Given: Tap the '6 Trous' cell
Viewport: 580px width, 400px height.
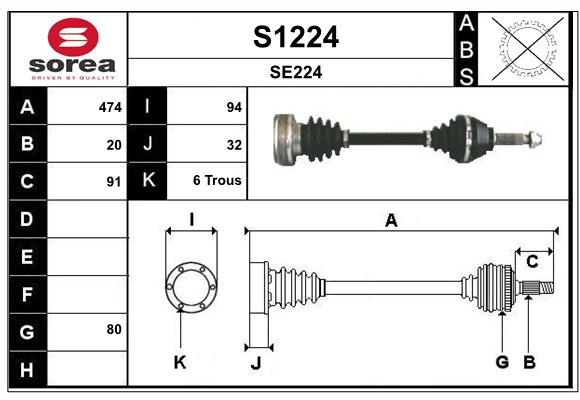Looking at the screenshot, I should (217, 181).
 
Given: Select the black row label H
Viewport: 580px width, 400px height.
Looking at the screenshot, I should (27, 371).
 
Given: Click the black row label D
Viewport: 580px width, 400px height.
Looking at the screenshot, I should (27, 219).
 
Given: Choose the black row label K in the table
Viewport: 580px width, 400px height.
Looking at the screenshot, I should (148, 181).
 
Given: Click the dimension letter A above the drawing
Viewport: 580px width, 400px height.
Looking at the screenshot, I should (391, 221).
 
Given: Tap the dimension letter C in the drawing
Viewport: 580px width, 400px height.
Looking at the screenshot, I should (532, 262).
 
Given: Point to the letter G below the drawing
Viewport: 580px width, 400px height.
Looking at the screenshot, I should (502, 362).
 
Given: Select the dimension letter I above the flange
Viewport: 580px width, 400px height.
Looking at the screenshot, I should (190, 218).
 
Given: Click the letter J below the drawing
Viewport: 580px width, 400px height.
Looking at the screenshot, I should (255, 363).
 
